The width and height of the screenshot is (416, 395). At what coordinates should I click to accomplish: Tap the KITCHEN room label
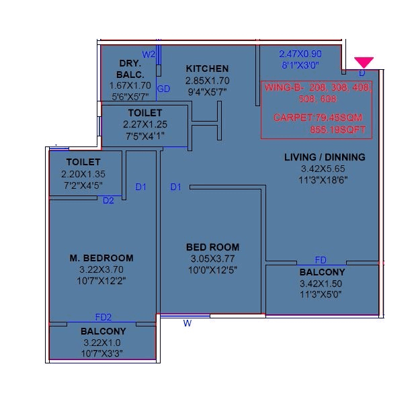click(207, 69)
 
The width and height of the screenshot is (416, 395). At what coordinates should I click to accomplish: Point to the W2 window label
click(149, 54)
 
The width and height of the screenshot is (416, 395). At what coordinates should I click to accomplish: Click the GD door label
click(163, 89)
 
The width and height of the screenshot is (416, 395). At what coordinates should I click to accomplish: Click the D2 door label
click(108, 200)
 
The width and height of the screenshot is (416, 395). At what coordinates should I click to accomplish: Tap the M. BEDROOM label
click(101, 258)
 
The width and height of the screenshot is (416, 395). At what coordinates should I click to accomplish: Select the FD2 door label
click(103, 318)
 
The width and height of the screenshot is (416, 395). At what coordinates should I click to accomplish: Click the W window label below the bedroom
click(188, 323)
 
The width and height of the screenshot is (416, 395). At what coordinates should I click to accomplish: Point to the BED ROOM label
click(212, 247)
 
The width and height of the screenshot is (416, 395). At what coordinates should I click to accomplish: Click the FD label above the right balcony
click(321, 260)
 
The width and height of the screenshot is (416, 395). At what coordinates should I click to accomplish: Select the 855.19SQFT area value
click(339, 129)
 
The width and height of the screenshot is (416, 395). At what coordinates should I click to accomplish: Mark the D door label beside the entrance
click(362, 73)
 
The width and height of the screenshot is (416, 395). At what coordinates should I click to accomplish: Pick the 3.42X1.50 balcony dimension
click(323, 284)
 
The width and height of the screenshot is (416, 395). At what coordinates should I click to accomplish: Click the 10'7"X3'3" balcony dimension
click(103, 353)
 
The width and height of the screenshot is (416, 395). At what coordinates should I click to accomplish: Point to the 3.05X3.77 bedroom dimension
click(212, 259)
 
